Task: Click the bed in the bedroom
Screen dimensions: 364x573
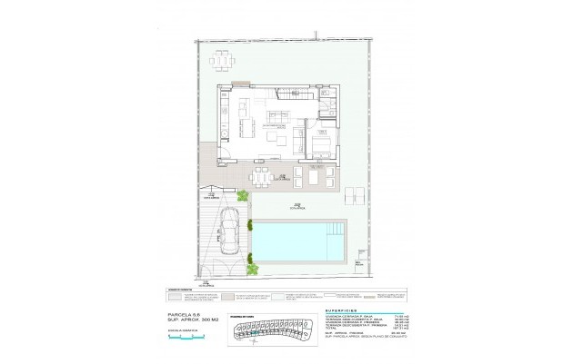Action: (321, 145)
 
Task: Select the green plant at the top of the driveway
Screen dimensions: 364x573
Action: (243, 196)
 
